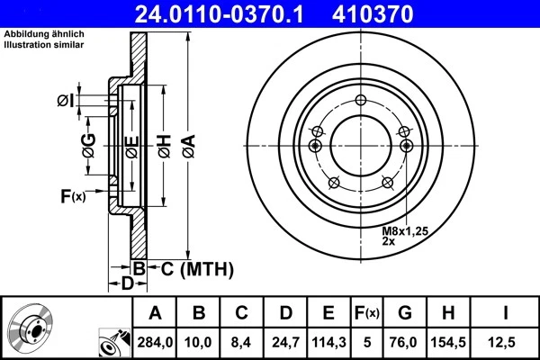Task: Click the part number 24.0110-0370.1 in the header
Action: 231,13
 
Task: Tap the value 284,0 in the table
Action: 155,343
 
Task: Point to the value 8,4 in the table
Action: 241,343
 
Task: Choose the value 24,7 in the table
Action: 284,343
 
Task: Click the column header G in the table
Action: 404,313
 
